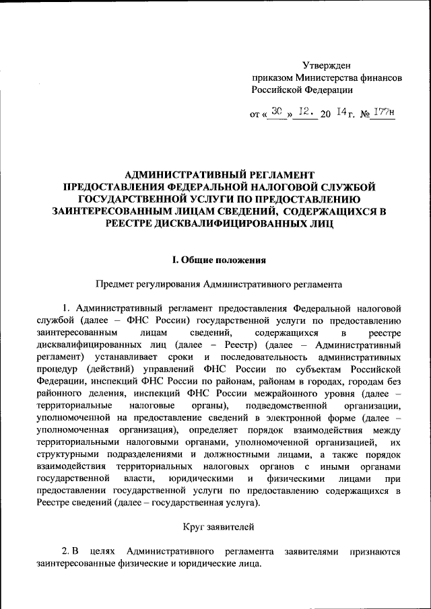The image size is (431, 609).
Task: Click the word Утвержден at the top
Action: pos(327,65)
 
